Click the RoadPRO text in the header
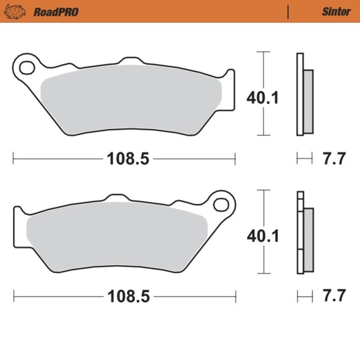56,12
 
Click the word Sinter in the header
336,12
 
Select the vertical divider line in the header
288,12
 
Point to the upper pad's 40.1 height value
262,97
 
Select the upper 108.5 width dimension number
128,158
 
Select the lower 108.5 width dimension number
128,297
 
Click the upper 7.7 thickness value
334,159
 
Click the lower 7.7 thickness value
334,297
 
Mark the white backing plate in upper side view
300,94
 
